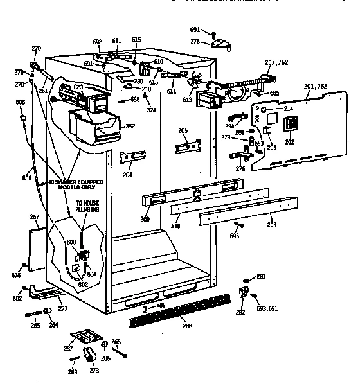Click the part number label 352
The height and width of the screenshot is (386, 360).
(131, 127)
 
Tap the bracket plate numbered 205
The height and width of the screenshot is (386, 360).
(184, 146)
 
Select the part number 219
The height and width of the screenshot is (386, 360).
(175, 226)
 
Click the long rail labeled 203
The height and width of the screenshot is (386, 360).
(244, 217)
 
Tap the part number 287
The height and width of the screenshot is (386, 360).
(69, 349)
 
